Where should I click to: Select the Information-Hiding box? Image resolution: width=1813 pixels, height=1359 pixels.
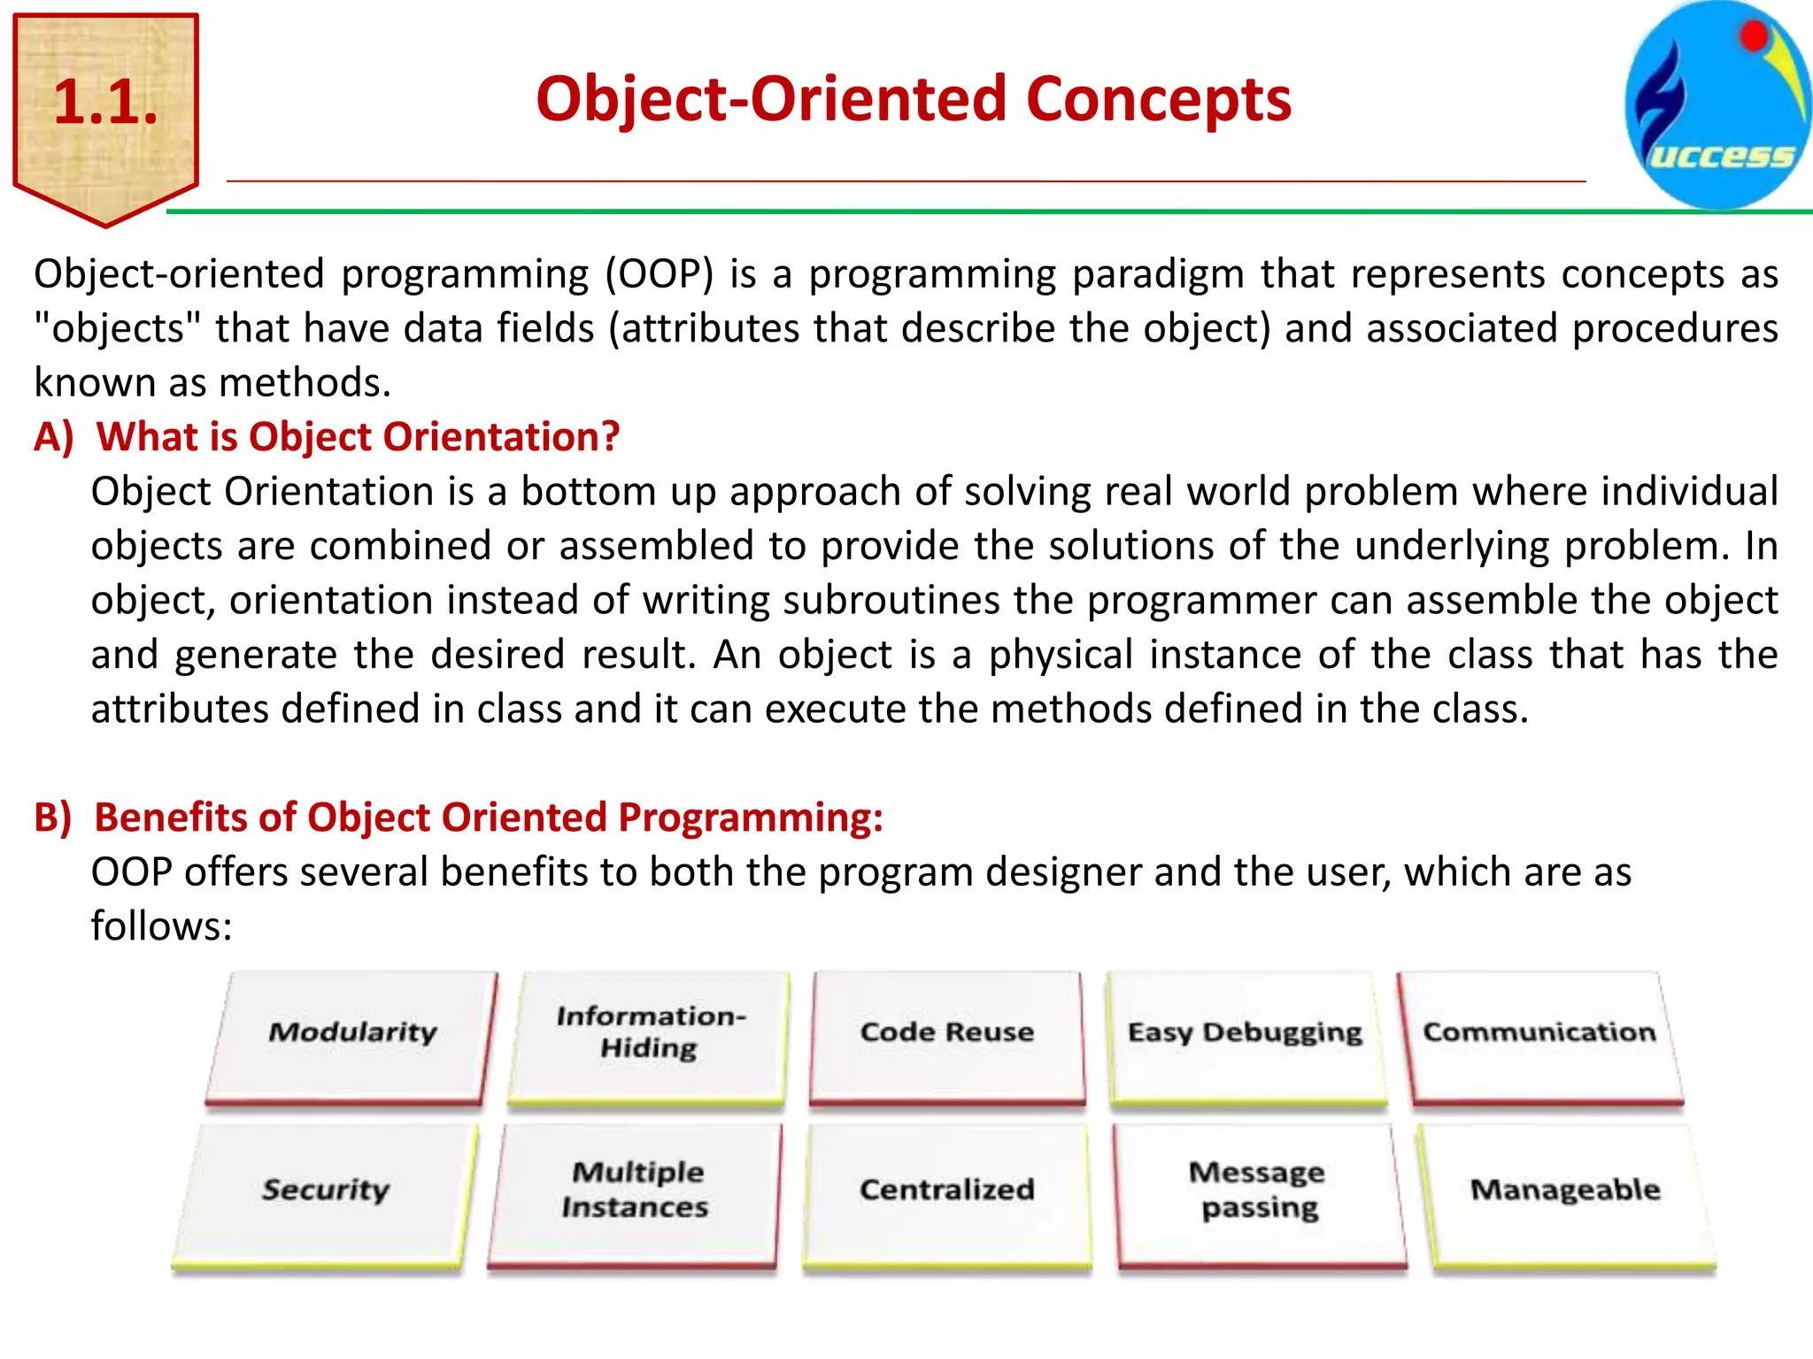click(650, 1033)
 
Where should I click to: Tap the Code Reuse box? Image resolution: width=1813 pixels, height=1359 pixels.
click(946, 1033)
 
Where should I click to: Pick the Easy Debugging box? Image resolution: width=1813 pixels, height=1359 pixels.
click(1245, 1033)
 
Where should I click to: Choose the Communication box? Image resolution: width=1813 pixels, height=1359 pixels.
click(1539, 1033)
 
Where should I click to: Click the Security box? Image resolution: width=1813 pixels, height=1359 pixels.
click(325, 1191)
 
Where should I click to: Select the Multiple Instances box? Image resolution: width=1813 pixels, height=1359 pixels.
click(636, 1191)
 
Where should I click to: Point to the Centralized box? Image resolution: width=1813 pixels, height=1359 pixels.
click(946, 1191)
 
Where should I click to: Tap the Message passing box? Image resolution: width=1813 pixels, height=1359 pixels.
click(1258, 1191)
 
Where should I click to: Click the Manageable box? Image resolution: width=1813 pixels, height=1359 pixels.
click(1565, 1191)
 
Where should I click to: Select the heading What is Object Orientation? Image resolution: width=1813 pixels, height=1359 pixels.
click(357, 437)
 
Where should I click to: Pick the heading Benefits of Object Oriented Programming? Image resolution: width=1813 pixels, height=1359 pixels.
click(488, 818)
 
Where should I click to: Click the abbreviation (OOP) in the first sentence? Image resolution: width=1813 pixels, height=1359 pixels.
click(660, 274)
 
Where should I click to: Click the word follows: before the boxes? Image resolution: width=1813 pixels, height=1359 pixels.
click(161, 927)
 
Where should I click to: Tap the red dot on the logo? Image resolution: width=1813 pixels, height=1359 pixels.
click(1754, 36)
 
